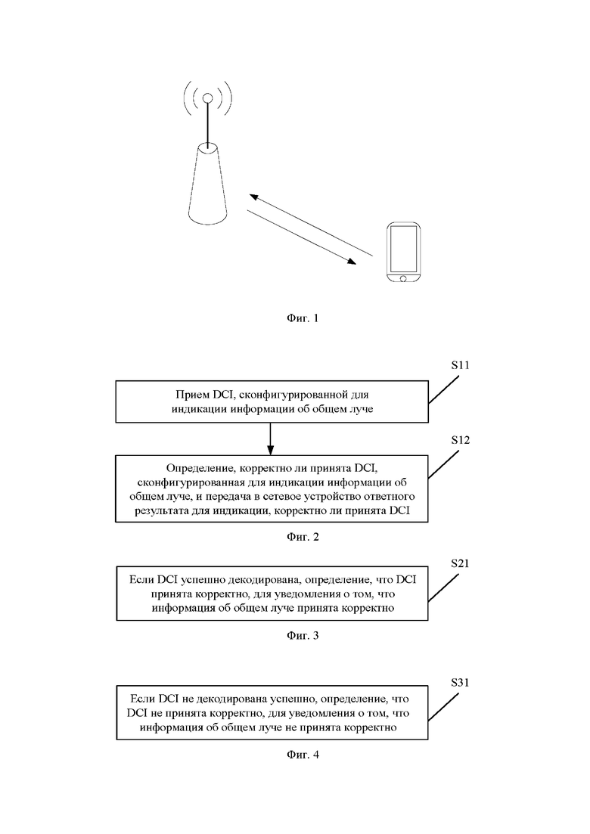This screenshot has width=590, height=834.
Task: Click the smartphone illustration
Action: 403,253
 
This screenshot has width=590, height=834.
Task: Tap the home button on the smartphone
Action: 403,278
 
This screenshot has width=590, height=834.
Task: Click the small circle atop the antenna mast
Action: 208,98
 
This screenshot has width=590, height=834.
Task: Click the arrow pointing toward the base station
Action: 311,225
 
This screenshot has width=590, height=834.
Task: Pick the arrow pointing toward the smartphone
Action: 301,237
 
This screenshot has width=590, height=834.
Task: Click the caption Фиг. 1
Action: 302,318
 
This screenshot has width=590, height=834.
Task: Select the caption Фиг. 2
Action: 302,537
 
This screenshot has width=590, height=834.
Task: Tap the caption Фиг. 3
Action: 302,635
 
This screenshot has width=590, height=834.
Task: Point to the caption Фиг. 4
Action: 302,754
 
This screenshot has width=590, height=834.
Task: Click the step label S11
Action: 460,365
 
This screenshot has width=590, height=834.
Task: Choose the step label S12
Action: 460,440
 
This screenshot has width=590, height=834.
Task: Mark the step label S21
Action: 460,563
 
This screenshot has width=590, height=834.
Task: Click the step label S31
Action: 460,683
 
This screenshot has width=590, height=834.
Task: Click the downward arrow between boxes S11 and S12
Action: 270,439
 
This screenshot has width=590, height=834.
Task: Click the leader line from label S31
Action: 443,707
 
